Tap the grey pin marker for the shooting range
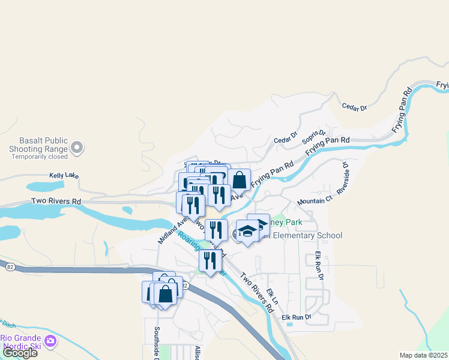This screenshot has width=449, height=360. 76,147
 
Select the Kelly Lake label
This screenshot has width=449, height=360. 64,175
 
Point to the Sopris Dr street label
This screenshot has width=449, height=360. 314,138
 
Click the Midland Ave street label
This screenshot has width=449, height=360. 169,229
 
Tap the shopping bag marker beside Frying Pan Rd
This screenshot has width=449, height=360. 239,179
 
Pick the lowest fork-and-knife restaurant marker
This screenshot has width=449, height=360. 209,260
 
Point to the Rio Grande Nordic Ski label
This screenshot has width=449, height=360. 21,341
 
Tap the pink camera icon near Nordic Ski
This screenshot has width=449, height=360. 50,341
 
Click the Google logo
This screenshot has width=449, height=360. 19,353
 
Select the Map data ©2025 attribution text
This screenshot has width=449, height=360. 423,355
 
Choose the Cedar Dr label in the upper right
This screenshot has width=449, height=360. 354,107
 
